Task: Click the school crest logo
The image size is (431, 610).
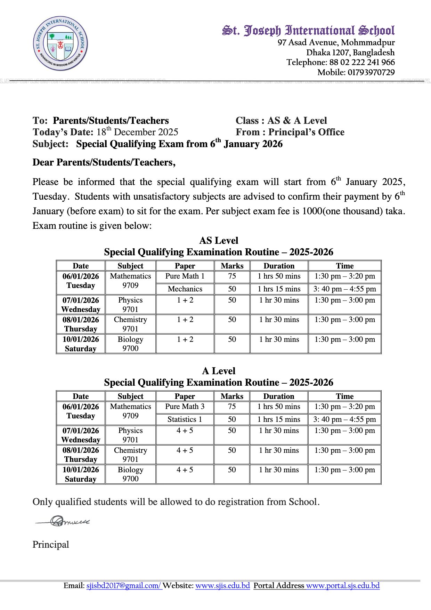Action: pyautogui.click(x=60, y=43)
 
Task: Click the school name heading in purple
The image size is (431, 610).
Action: pyautogui.click(x=308, y=31)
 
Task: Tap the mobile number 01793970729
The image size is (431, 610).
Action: pyautogui.click(x=371, y=72)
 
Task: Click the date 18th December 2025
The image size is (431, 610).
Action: pyautogui.click(x=137, y=132)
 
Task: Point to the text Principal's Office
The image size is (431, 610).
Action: pyautogui.click(x=306, y=132)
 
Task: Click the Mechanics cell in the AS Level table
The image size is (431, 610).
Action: pyautogui.click(x=185, y=289)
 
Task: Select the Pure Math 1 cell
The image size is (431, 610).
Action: pyautogui.click(x=185, y=276)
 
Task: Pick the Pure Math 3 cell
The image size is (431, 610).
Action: pyautogui.click(x=185, y=407)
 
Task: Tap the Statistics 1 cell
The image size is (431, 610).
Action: pyautogui.click(x=185, y=419)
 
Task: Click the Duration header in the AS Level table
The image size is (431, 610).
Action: pyautogui.click(x=279, y=266)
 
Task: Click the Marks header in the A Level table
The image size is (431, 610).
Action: pyautogui.click(x=232, y=396)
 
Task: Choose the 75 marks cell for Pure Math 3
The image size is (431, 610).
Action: pyautogui.click(x=232, y=407)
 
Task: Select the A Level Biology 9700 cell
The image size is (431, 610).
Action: pyautogui.click(x=130, y=474)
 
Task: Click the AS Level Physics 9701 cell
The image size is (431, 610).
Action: pyautogui.click(x=130, y=304)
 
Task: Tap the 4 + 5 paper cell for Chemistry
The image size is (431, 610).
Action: pyautogui.click(x=185, y=450)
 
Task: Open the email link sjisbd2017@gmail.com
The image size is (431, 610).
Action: pyautogui.click(x=123, y=586)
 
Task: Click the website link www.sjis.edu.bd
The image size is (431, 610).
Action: pyautogui.click(x=222, y=586)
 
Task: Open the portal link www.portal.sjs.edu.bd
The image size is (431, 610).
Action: pyautogui.click(x=343, y=586)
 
